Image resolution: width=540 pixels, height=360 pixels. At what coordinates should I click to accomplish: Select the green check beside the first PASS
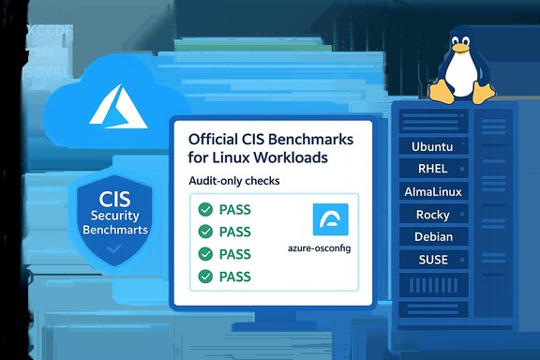point(202,209)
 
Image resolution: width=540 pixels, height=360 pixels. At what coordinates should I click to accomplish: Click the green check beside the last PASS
point(202,277)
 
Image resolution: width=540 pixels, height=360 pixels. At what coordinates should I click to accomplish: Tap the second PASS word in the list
point(235,232)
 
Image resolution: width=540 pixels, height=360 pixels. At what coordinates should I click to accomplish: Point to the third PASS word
point(235,254)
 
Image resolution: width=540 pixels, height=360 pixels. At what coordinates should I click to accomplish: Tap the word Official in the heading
point(217,137)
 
